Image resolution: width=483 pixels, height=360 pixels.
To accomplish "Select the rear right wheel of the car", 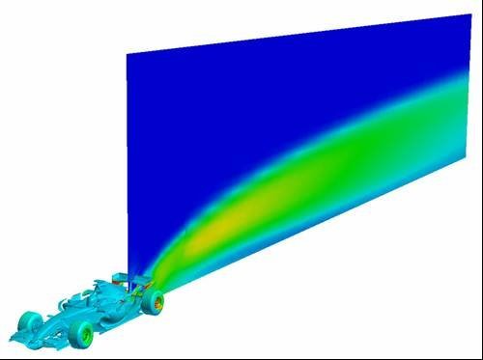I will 153,303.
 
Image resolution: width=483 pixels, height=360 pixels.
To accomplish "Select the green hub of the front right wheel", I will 86,336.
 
